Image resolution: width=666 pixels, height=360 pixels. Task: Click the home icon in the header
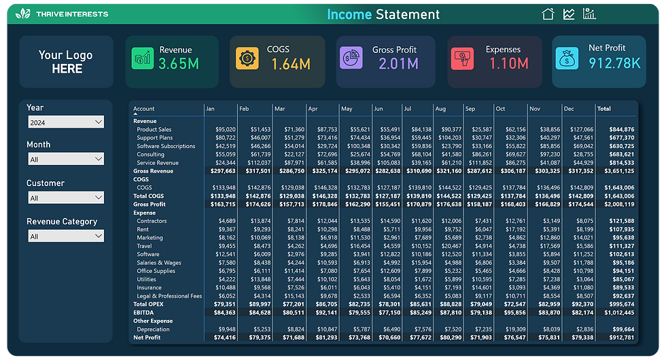[548, 14]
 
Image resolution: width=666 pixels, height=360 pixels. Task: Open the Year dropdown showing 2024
[66, 122]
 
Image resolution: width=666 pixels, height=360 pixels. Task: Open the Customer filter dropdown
[66, 198]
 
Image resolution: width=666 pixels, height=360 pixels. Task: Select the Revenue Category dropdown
[66, 236]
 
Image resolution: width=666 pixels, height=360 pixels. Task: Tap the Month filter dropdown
[66, 159]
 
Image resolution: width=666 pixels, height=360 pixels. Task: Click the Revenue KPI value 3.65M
[178, 65]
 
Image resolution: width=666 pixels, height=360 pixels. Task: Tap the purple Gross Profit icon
[351, 58]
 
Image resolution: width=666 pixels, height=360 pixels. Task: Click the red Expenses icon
[462, 58]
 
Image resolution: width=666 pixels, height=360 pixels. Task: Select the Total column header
[603, 109]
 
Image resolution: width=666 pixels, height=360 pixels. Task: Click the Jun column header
[379, 109]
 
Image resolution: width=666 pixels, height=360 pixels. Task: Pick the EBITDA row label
[143, 312]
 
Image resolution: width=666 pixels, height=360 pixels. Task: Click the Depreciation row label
[153, 329]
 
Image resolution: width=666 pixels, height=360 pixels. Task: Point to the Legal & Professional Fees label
[169, 295]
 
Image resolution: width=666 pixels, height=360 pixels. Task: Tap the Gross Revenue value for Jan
[222, 171]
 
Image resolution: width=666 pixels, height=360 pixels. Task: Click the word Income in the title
[349, 14]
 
